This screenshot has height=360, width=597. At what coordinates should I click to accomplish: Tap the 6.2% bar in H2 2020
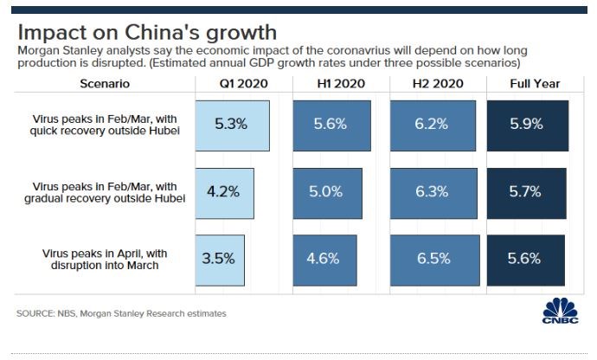(x=431, y=125)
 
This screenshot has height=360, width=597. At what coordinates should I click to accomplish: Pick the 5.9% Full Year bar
(x=527, y=125)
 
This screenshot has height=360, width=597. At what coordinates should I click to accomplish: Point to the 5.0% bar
(x=327, y=191)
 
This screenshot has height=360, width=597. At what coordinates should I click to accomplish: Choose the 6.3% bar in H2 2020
(x=431, y=191)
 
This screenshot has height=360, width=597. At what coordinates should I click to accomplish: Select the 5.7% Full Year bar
(x=526, y=191)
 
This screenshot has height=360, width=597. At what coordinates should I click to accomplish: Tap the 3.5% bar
(x=220, y=259)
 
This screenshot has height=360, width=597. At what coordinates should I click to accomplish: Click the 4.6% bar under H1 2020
(x=324, y=259)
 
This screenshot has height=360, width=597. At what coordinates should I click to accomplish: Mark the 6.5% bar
(x=431, y=259)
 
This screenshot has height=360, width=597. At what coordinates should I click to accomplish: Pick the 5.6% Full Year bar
(x=525, y=259)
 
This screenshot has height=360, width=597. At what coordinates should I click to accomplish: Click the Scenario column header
(x=104, y=84)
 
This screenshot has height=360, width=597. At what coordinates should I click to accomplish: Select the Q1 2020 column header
(x=243, y=84)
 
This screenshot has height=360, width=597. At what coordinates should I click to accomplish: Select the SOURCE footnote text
(x=121, y=313)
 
